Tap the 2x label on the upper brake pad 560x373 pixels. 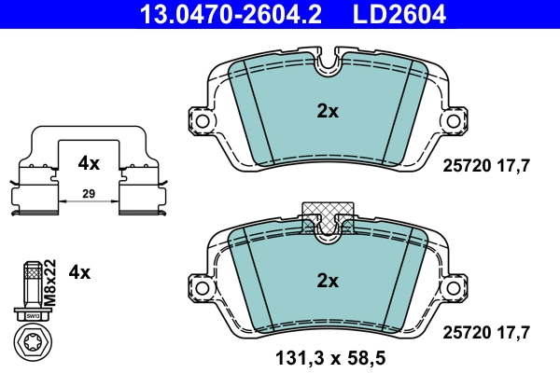tap(327, 110)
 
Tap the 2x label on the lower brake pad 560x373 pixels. tap(327, 279)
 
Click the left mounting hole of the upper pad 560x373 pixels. tap(199, 119)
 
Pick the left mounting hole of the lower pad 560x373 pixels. tap(199, 287)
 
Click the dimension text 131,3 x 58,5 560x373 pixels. tap(328, 357)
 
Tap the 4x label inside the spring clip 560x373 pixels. tap(89, 163)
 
